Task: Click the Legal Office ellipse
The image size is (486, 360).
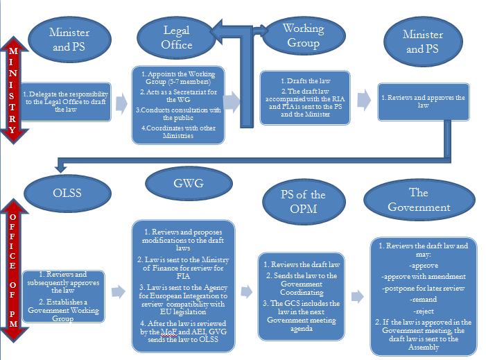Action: coord(176,37)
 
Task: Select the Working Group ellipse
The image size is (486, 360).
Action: coord(303,37)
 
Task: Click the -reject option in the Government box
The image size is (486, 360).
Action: coord(424,311)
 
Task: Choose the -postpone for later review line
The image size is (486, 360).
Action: coord(424,288)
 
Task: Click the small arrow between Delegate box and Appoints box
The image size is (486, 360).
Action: coord(121,103)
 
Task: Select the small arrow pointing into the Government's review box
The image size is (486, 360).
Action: coord(356,296)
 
